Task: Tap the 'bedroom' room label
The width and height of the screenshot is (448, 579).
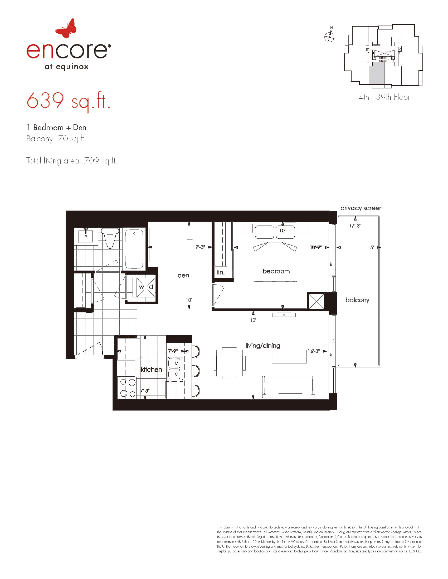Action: (276, 271)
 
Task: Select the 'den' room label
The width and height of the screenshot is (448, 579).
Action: (183, 275)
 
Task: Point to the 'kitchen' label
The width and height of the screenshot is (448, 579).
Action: (151, 369)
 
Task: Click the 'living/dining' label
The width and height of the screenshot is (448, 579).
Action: (263, 346)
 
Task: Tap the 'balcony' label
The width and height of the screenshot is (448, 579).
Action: (358, 300)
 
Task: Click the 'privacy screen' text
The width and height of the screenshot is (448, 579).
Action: (362, 208)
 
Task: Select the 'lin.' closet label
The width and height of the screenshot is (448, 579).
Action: (221, 272)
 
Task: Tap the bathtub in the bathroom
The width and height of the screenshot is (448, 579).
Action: (134, 249)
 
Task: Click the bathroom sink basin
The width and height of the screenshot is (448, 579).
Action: (86, 236)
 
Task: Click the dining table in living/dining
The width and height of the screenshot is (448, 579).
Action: (230, 363)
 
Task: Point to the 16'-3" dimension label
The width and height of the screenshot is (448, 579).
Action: (314, 351)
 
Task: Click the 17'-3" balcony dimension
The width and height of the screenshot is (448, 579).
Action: (355, 226)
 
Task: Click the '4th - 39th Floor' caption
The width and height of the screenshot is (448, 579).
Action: (384, 97)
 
